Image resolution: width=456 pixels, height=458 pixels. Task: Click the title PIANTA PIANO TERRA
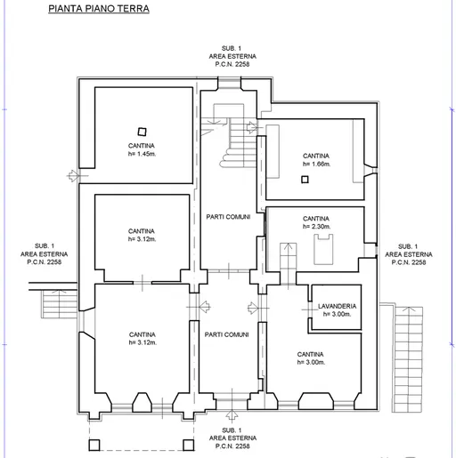pos(99,8)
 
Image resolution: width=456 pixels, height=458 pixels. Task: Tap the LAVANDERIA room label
pos(337,306)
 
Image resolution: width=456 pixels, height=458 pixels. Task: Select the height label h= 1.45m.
pos(142,154)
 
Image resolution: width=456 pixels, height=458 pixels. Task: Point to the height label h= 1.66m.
pos(316,164)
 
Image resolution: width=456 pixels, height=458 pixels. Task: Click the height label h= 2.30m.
pos(316,227)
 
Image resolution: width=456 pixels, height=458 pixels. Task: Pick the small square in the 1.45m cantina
pos(142,132)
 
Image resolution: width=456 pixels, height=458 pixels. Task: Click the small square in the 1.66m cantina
pos(305,180)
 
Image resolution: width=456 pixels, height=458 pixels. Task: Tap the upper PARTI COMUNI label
pos(228,217)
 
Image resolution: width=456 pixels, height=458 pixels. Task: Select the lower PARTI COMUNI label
pos(226,334)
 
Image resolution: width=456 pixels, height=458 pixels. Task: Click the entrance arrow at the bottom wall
pos(232,414)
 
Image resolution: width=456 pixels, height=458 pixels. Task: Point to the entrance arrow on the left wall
pos(73,176)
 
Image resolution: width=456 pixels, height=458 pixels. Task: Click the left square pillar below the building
pos(94,445)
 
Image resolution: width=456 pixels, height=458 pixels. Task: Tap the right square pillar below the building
pos(189,445)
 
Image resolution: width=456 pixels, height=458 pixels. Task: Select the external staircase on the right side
pos(408,359)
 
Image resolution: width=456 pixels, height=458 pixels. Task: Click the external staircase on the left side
pos(60,304)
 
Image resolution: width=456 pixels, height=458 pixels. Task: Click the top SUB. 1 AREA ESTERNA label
pos(232,56)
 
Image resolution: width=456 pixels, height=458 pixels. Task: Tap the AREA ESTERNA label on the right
pos(409,254)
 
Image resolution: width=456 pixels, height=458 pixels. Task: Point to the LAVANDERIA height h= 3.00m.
pos(337,314)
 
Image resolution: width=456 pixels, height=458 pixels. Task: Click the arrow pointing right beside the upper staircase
pos(252,127)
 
